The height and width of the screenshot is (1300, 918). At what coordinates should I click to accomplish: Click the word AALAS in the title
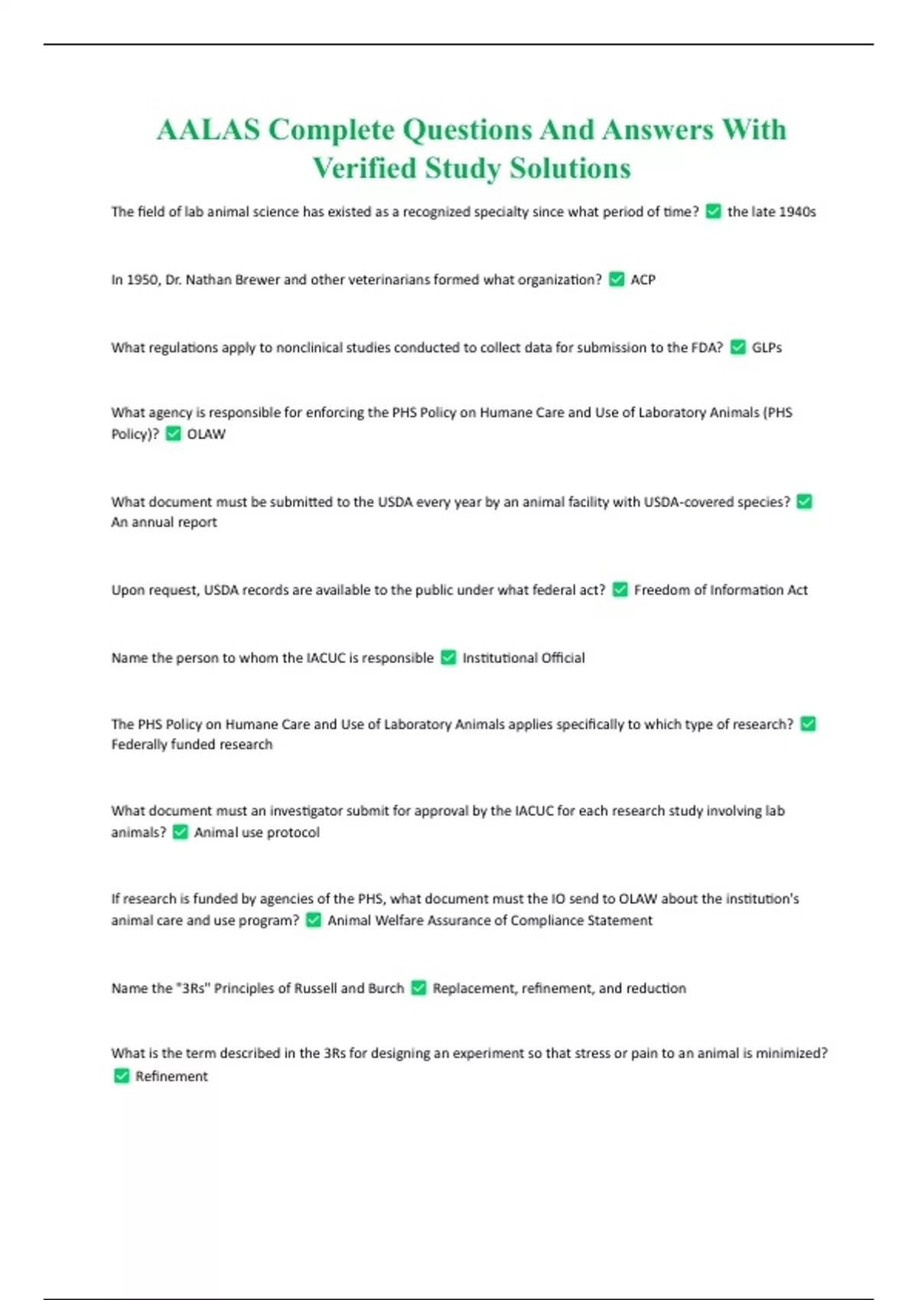[x=208, y=130]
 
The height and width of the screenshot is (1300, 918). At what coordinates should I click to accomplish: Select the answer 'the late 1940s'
[x=771, y=212]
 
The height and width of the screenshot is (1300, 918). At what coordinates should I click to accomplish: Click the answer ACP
[x=643, y=280]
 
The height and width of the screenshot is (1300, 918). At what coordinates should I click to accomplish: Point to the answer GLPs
[x=767, y=348]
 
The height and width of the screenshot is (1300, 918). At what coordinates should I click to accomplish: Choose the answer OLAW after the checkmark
[x=207, y=434]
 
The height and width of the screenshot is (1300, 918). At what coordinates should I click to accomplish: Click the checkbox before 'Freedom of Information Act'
[x=620, y=590]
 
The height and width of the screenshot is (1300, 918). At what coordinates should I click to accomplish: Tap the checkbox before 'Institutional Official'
[x=449, y=658]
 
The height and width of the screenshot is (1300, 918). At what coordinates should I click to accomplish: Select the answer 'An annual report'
[x=164, y=522]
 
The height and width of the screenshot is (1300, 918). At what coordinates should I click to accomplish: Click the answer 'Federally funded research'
[x=191, y=745]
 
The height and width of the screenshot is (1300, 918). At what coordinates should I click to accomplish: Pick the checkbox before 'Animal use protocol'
[x=181, y=832]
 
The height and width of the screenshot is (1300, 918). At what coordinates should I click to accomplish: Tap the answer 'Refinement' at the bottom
[x=171, y=1077]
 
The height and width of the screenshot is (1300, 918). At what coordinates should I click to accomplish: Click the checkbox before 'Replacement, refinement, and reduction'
[x=418, y=988]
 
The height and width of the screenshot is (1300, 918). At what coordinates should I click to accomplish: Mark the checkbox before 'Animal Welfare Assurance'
[x=314, y=920]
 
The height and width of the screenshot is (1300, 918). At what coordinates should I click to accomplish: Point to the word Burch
[x=386, y=988]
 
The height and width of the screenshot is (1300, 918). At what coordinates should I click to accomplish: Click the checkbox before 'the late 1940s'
[x=714, y=212]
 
